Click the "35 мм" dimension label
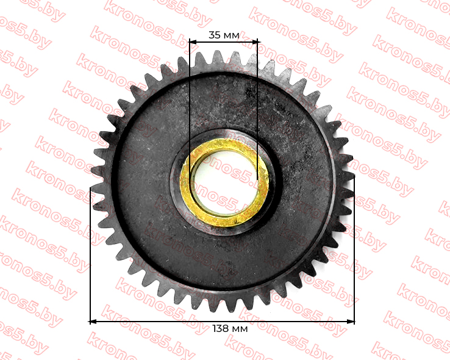point(224,35)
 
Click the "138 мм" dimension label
point(230,328)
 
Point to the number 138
point(220,328)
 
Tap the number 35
point(215,35)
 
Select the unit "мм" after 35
point(231,35)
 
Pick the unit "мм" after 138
point(240,329)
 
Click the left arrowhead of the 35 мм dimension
point(193,42)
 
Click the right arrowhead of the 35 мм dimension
point(254,42)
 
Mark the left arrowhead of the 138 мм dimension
point(94,322)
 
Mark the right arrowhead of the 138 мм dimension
point(351,322)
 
